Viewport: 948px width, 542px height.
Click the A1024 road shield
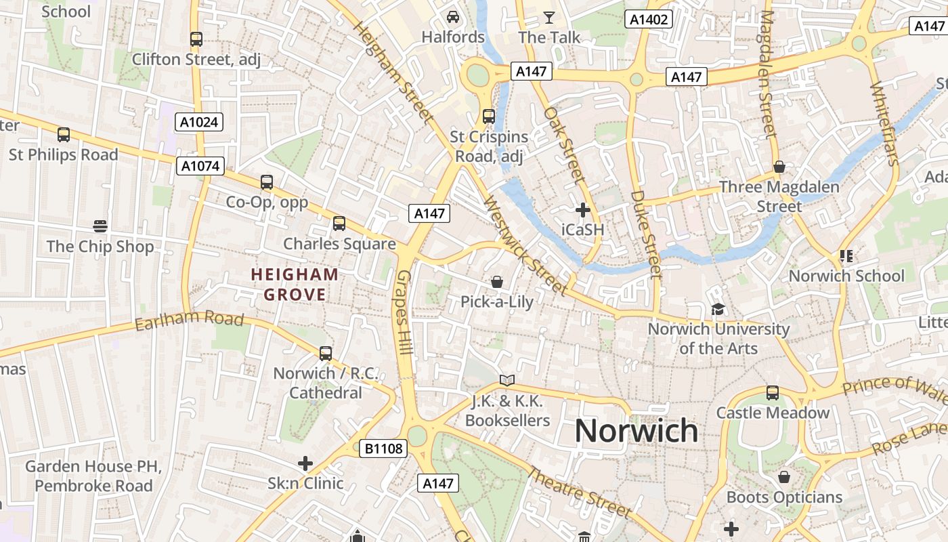pos(200,122)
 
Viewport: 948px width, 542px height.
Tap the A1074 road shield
pos(200,166)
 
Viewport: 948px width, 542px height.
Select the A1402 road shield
pos(649,19)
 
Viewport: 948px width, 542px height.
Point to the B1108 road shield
pos(383,448)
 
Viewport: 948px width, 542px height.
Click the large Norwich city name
pos(637,431)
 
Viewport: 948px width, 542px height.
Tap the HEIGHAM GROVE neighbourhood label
pos(295,285)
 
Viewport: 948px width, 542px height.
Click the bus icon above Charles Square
pos(339,223)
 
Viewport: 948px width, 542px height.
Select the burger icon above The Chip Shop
pos(100,226)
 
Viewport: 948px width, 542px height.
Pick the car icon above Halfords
pos(453,16)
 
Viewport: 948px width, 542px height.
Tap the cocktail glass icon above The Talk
pos(549,17)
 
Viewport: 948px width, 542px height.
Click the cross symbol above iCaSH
pos(582,210)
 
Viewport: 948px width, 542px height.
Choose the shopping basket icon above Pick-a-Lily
pos(497,282)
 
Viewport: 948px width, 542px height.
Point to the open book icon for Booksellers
pos(507,380)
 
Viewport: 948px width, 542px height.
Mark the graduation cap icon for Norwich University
pos(717,309)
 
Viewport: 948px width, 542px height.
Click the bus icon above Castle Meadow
pos(773,392)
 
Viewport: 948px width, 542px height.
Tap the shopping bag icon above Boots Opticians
pos(784,477)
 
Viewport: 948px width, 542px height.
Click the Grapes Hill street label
pos(405,312)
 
